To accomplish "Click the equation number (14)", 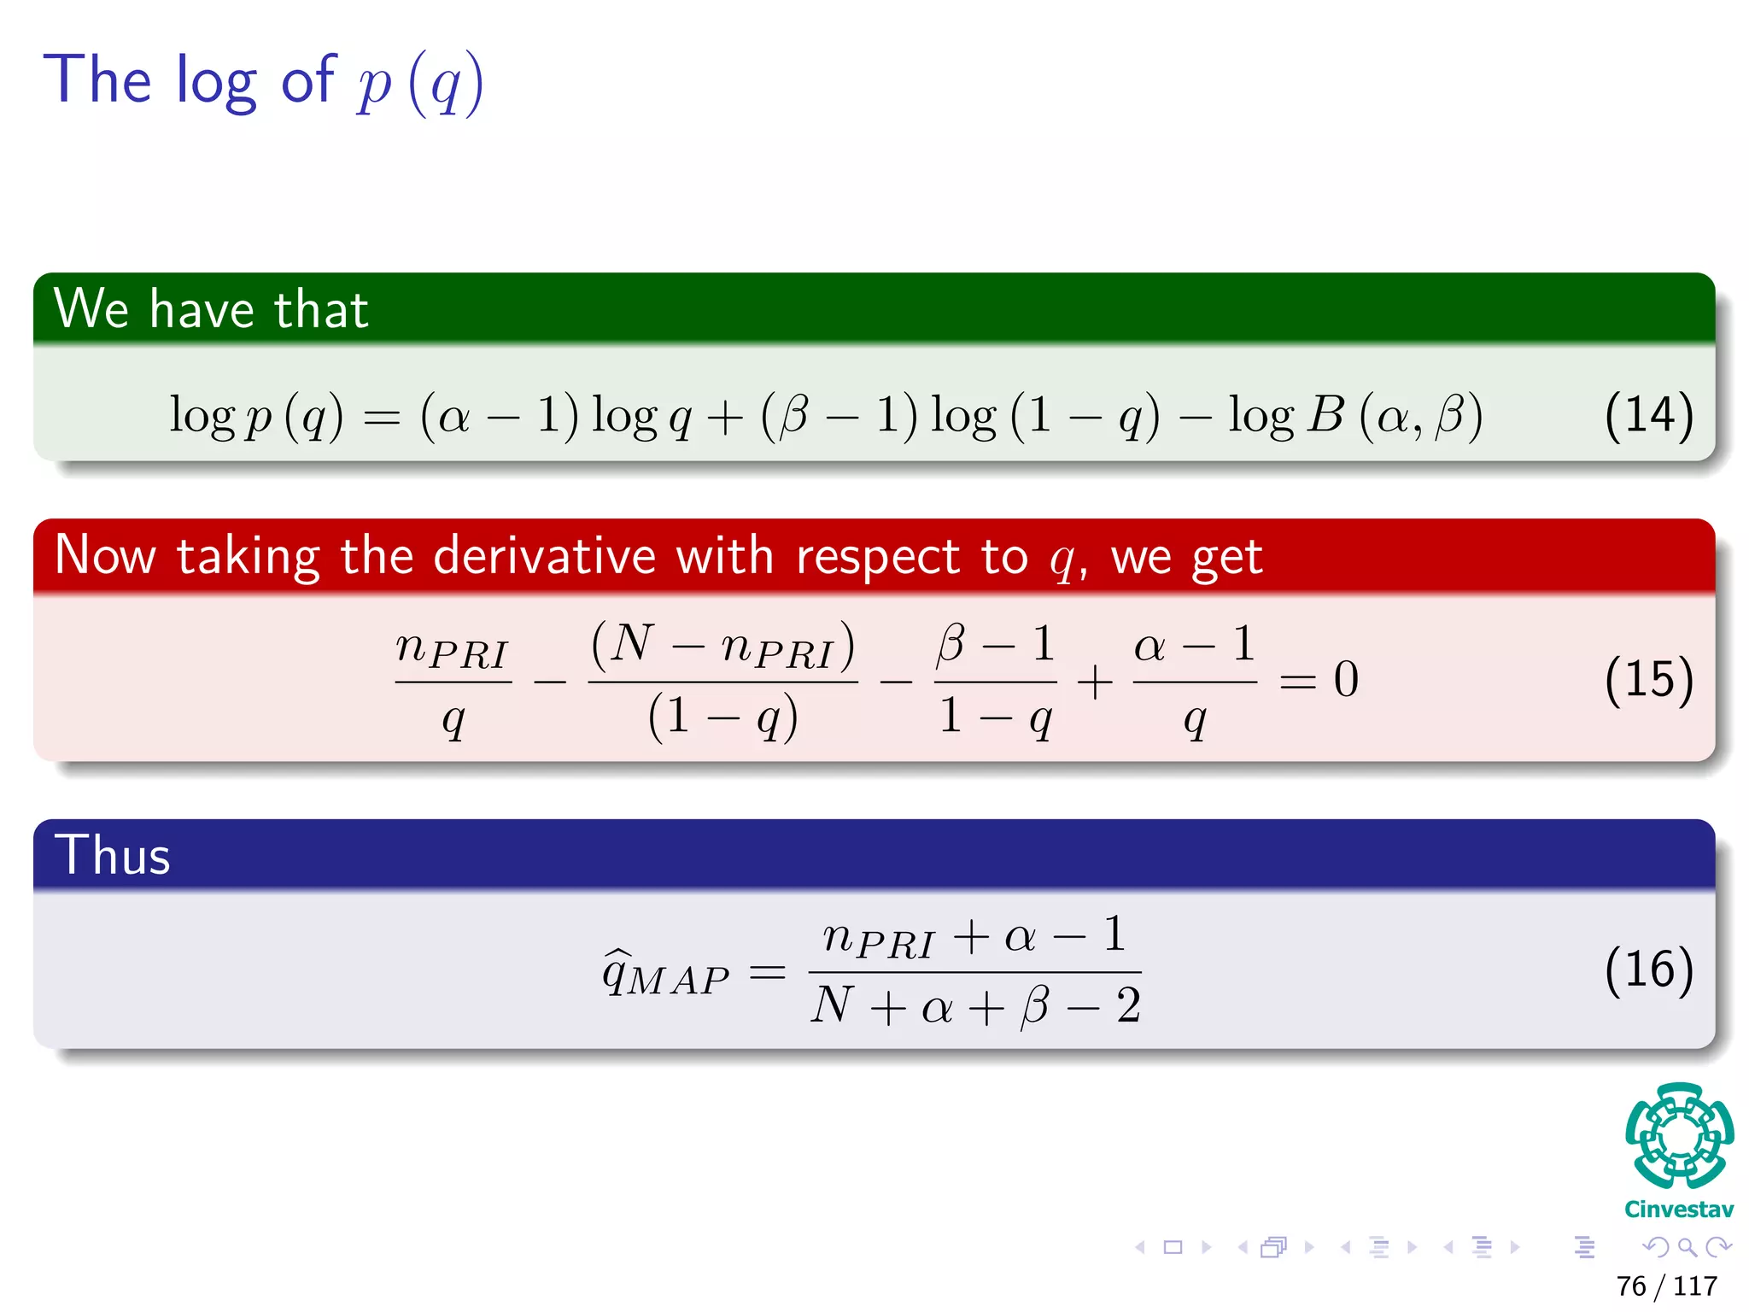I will (x=1648, y=416).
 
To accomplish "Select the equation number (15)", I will (x=1648, y=680).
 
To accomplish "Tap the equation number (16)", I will (x=1648, y=970).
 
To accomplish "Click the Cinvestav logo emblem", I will (x=1679, y=1136).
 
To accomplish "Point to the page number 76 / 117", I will (x=1666, y=1286).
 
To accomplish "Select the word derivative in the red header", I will (x=544, y=556).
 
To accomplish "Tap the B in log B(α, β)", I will (x=1325, y=415).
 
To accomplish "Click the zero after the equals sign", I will (x=1346, y=680).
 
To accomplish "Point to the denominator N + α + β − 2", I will (x=975, y=1006).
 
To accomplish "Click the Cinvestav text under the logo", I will (x=1679, y=1209).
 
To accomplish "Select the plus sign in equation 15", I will (x=1094, y=682).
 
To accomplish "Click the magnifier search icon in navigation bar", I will (x=1687, y=1248).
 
